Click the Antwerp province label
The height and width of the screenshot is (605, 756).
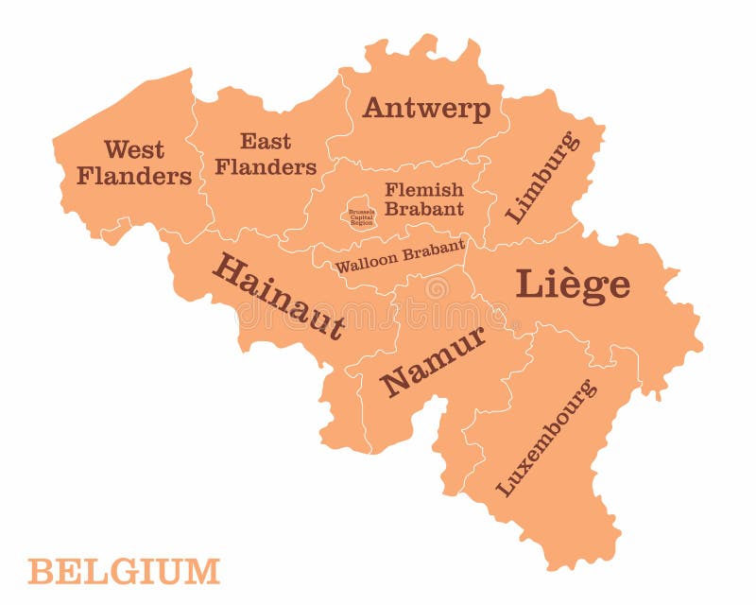[x=426, y=109]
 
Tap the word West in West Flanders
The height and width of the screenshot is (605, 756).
[x=134, y=149]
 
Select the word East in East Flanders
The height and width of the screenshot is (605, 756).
[x=266, y=142]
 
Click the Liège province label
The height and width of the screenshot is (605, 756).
[x=573, y=285]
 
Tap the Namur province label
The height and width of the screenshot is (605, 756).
[x=433, y=360]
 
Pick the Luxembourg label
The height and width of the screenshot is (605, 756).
[x=546, y=438]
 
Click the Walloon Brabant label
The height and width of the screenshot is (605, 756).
[x=400, y=256]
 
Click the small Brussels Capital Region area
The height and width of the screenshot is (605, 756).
[x=360, y=216]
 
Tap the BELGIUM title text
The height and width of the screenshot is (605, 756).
[x=124, y=572]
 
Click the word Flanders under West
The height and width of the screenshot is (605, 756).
[x=134, y=176]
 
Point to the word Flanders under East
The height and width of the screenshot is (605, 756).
[x=266, y=167]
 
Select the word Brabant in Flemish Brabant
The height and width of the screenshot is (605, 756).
[x=423, y=209]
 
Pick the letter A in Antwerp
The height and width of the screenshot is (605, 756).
[x=375, y=108]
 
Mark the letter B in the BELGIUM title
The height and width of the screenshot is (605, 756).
[x=40, y=572]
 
